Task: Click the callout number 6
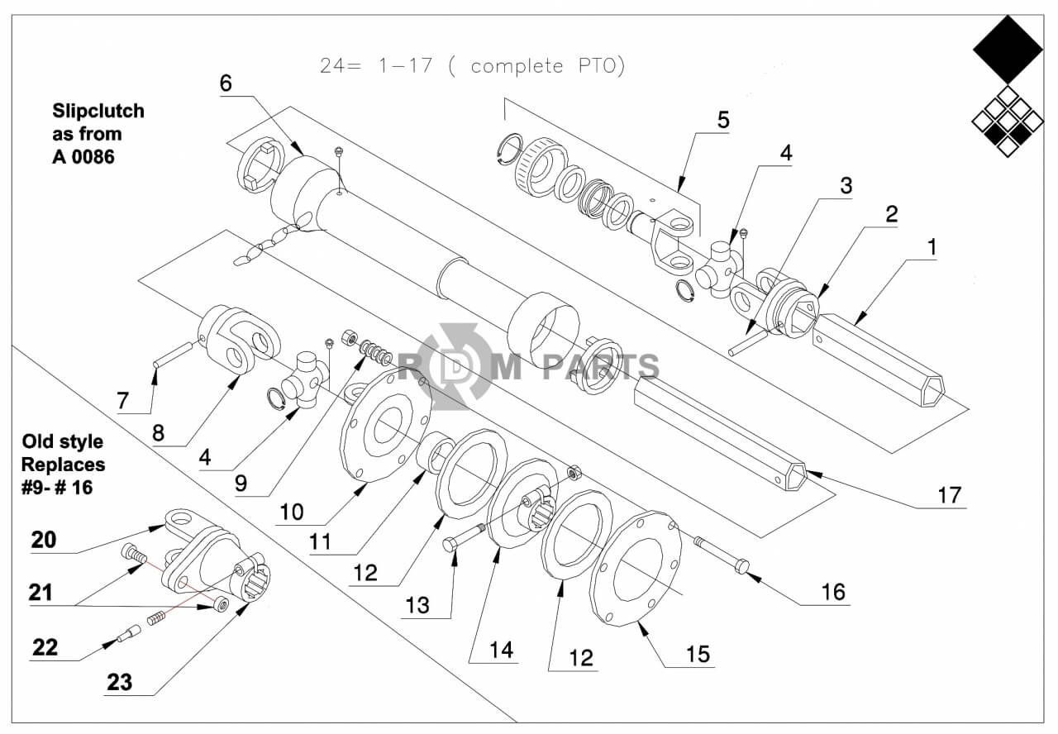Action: pos(226,83)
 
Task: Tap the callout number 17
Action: pos(950,495)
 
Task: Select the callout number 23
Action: pos(120,682)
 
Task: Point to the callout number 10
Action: pos(292,512)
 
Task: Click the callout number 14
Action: pos(501,651)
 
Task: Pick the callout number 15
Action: pos(698,655)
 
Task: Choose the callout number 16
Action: pos(833,593)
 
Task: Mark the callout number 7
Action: pos(123,401)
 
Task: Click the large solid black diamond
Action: pos(1008,49)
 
